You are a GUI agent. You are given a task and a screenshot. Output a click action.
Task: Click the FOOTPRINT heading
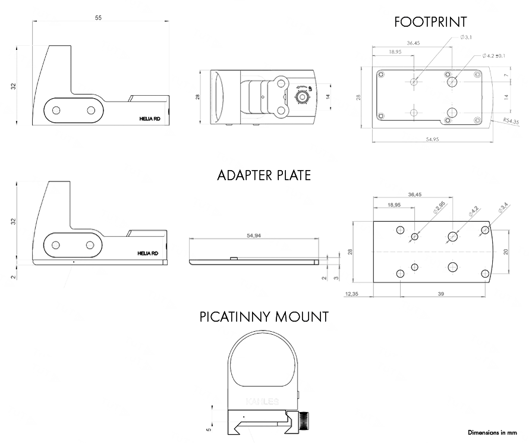tap(431, 22)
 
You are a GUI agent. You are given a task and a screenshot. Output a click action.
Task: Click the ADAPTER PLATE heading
tap(264, 175)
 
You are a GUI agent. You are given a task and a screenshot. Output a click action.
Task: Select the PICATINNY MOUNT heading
tap(264, 316)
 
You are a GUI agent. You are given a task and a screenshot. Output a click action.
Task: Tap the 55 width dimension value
tap(98, 18)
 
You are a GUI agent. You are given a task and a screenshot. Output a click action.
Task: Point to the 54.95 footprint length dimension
tap(432, 139)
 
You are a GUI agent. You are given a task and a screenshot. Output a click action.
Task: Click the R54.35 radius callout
tap(511, 121)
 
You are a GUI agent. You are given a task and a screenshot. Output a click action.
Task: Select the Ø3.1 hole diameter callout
tap(466, 37)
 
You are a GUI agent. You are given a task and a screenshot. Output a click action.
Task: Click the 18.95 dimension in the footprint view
tap(394, 52)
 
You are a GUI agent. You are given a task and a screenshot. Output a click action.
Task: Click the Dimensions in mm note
tap(492, 432)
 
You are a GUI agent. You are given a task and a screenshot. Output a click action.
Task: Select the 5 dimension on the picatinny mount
tap(208, 427)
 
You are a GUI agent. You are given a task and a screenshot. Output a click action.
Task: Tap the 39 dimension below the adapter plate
tap(440, 294)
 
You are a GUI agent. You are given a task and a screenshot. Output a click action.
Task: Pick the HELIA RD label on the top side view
tap(150, 118)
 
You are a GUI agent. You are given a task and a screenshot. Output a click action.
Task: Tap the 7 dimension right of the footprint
tap(506, 76)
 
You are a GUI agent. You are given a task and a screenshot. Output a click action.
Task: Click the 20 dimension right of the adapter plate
tap(506, 251)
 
